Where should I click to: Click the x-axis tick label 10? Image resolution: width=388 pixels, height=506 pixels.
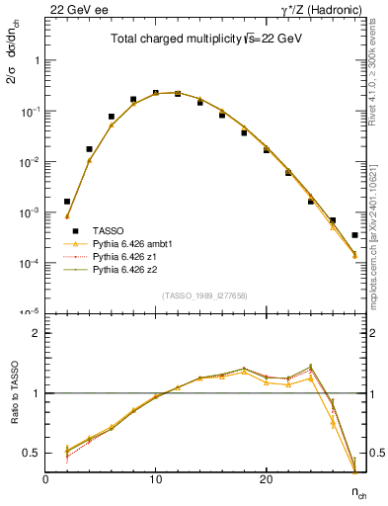(155, 480)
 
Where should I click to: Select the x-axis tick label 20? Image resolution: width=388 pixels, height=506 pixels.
(266, 480)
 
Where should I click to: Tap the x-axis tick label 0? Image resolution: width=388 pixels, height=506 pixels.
(45, 480)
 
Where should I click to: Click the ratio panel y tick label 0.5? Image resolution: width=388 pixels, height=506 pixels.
(32, 454)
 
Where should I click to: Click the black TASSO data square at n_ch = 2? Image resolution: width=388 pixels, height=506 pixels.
(67, 202)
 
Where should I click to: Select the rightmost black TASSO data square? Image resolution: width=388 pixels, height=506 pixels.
(354, 235)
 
